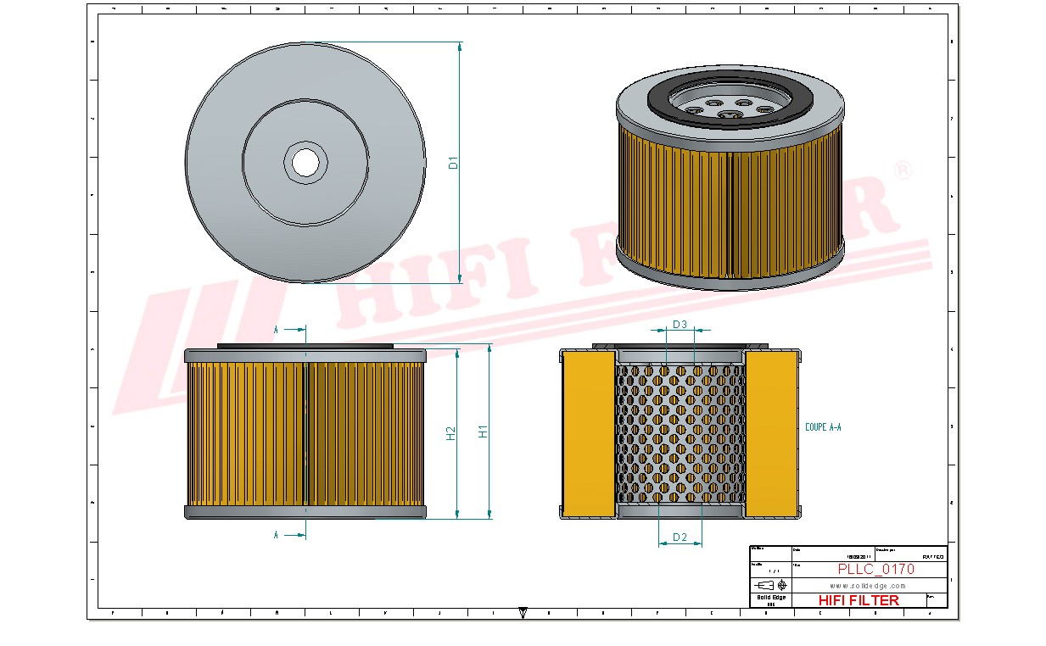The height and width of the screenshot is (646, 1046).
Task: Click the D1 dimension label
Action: (x=454, y=162)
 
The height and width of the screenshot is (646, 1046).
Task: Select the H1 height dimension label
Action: (x=484, y=431)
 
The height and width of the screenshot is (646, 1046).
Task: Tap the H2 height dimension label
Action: (x=451, y=432)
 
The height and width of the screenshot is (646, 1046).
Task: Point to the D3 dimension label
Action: (x=680, y=325)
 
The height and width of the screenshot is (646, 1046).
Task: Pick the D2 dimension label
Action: (x=680, y=537)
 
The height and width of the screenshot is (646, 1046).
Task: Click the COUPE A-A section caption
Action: (x=823, y=427)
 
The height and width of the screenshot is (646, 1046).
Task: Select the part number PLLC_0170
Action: (x=875, y=570)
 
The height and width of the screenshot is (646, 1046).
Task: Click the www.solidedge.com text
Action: (x=868, y=586)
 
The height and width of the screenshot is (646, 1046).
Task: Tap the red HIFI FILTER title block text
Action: (x=859, y=600)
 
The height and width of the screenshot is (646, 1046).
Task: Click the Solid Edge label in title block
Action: (x=770, y=598)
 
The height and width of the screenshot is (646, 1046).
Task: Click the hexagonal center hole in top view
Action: (x=305, y=161)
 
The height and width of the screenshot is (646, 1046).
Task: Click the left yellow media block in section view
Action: (x=589, y=432)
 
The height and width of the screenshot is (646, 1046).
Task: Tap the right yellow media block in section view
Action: (x=771, y=432)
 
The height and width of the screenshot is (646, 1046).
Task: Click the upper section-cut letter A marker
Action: (x=277, y=329)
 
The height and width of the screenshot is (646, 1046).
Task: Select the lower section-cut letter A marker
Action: (x=277, y=535)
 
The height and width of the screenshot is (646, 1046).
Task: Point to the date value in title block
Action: (x=859, y=556)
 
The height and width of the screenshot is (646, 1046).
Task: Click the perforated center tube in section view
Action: (x=680, y=432)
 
